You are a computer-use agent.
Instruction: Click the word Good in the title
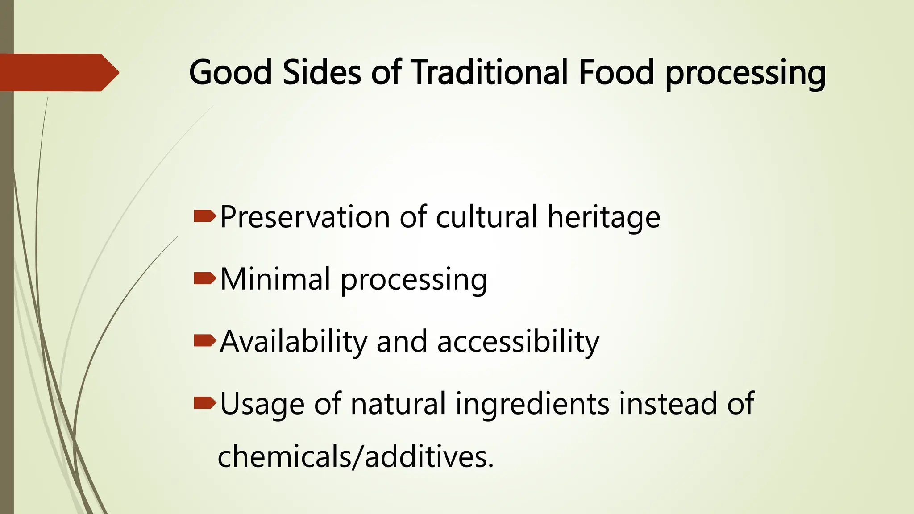tap(230, 72)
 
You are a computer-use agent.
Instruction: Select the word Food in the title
tap(616, 72)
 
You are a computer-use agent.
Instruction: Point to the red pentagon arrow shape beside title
tap(58, 72)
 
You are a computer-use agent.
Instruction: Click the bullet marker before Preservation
tap(205, 217)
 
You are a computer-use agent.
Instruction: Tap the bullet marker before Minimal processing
tap(205, 279)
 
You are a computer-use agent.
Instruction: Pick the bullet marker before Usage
tap(205, 404)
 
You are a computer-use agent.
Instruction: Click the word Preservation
tap(305, 217)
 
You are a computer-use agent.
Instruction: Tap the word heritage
tap(604, 217)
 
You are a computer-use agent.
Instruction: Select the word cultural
tap(486, 217)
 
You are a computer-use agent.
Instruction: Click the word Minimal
tap(275, 279)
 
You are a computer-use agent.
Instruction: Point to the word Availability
tap(293, 342)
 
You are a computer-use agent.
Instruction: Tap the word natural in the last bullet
tap(398, 404)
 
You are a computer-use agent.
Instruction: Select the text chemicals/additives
tap(356, 457)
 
